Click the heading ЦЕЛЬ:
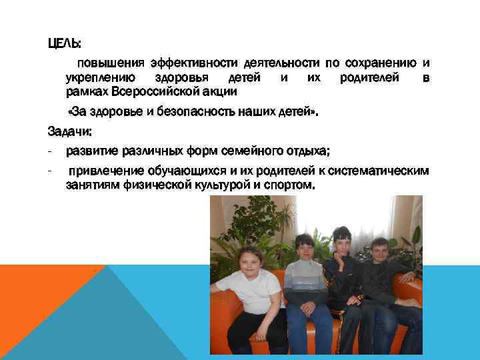click(64, 44)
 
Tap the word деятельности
click(283, 63)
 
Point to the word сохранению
click(377, 63)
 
